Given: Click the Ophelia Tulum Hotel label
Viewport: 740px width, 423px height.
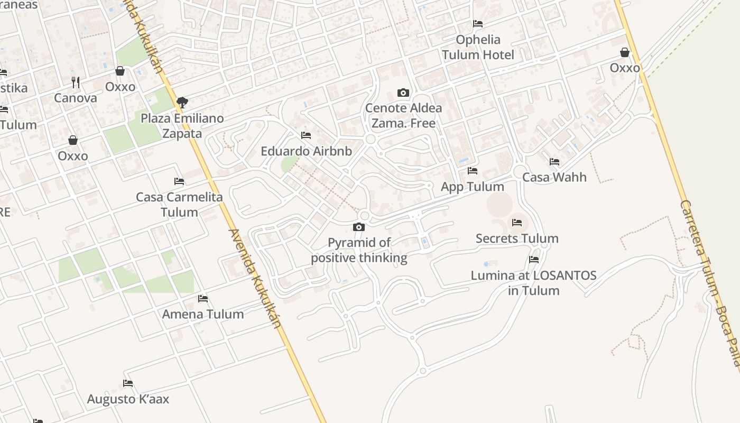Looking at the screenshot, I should click(x=478, y=47).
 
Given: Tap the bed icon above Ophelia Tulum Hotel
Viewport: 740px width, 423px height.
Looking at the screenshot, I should click(x=478, y=24).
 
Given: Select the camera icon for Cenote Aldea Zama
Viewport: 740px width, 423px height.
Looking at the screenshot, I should click(x=403, y=93).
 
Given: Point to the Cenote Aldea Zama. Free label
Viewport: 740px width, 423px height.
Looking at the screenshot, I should click(x=404, y=116).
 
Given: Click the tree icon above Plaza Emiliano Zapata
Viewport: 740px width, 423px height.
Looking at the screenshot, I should click(x=182, y=102).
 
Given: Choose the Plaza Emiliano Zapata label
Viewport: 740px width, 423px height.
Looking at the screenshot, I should click(x=182, y=126).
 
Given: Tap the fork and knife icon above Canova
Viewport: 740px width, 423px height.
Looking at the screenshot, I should click(x=76, y=82).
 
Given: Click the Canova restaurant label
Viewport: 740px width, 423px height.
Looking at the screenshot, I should click(x=76, y=98).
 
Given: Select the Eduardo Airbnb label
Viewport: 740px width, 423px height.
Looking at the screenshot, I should click(x=306, y=151).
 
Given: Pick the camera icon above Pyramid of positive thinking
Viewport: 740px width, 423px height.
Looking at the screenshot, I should click(x=359, y=227).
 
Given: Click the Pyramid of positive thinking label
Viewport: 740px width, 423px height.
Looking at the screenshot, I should click(x=359, y=250).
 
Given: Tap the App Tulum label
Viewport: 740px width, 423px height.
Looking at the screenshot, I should click(x=473, y=187).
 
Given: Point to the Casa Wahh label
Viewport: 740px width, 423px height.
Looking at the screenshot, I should click(x=554, y=177).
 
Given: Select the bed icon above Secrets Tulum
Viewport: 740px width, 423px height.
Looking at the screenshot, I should click(x=517, y=223).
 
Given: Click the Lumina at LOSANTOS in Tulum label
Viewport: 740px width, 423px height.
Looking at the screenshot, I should click(x=533, y=283).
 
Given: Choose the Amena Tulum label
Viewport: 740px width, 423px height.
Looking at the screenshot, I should click(x=203, y=314).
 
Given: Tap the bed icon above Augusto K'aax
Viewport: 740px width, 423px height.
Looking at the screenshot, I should click(x=128, y=383).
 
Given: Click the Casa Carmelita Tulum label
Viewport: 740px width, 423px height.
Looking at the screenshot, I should click(x=179, y=205).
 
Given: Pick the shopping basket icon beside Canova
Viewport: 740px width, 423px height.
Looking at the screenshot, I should click(x=120, y=71).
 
